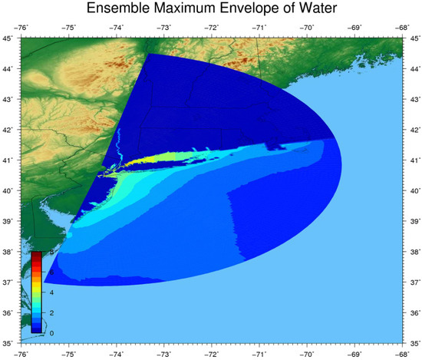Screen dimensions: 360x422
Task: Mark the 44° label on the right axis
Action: (x=414, y=68)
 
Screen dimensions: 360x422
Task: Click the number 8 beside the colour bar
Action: (x=51, y=253)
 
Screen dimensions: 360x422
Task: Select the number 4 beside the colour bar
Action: (x=51, y=292)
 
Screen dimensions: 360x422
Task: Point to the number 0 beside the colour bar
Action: (x=51, y=332)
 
